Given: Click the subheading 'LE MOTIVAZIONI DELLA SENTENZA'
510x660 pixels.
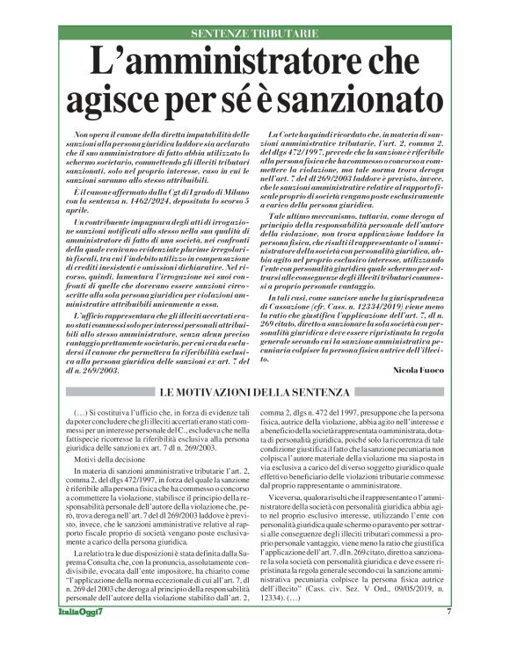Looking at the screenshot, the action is coord(254,391).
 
